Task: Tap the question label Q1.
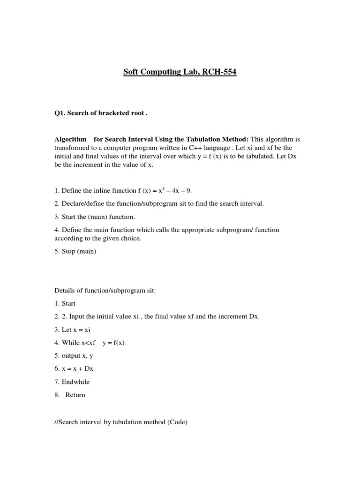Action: point(60,113)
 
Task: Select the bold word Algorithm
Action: point(71,139)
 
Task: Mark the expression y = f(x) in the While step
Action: point(113,343)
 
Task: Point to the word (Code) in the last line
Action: point(177,422)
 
